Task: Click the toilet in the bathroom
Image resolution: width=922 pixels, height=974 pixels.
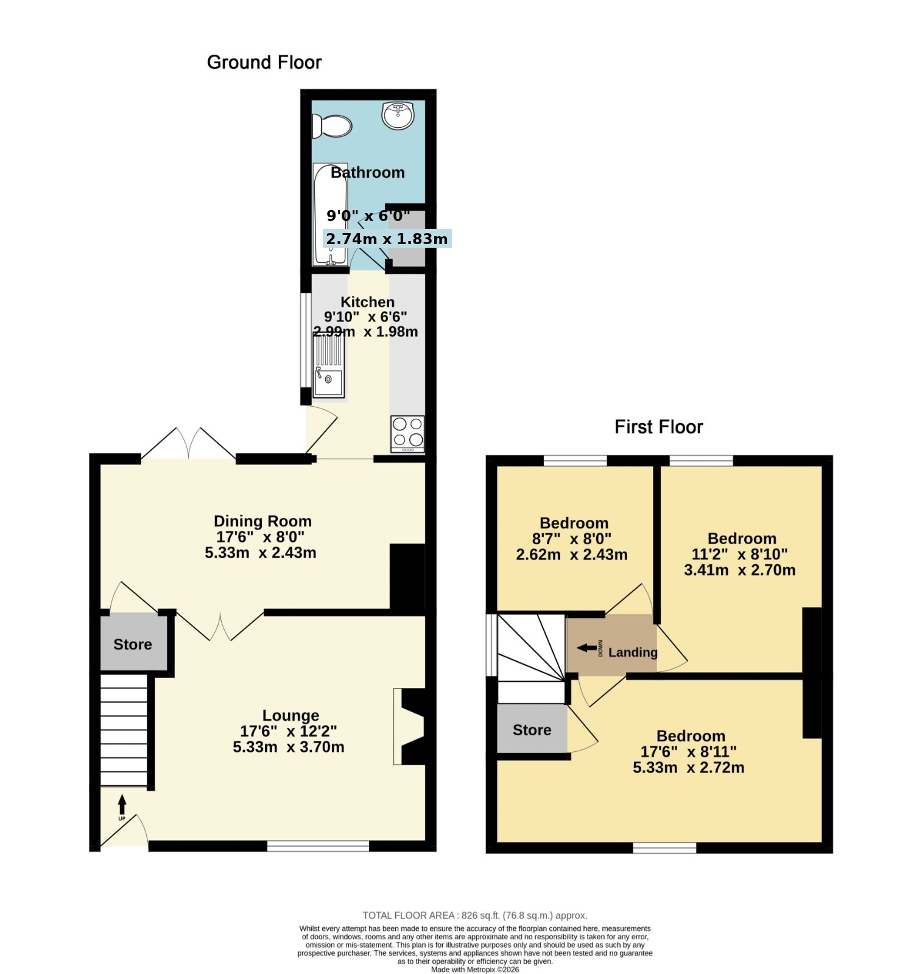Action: pyautogui.click(x=332, y=126)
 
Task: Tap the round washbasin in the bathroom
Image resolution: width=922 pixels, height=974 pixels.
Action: pyautogui.click(x=398, y=115)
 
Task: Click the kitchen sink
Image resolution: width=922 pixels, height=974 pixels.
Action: pyautogui.click(x=328, y=368)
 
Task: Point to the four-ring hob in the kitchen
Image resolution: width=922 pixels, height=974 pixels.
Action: pyautogui.click(x=407, y=434)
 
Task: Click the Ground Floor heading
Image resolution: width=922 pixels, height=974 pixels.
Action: pyautogui.click(x=264, y=62)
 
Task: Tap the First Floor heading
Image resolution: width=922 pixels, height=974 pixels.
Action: pyautogui.click(x=658, y=427)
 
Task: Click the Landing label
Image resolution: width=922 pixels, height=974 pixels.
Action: pyautogui.click(x=633, y=653)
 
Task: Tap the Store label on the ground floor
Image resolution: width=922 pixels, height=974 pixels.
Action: pyautogui.click(x=133, y=644)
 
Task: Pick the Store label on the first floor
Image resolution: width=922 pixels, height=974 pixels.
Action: pyautogui.click(x=532, y=730)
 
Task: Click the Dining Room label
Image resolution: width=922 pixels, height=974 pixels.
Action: pyautogui.click(x=262, y=521)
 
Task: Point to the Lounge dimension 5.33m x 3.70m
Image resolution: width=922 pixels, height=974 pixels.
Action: pyautogui.click(x=289, y=746)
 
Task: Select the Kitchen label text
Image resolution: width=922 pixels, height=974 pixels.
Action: pyautogui.click(x=367, y=302)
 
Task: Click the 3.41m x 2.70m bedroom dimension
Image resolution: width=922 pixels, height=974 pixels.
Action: pyautogui.click(x=739, y=570)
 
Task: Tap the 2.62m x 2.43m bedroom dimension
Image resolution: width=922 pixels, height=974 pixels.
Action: pyautogui.click(x=572, y=555)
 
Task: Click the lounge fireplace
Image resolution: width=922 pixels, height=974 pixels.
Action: pyautogui.click(x=409, y=726)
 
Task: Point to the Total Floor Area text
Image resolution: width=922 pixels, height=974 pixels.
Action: pyautogui.click(x=475, y=915)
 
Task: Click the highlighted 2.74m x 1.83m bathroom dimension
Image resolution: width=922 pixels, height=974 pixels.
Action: pyautogui.click(x=387, y=239)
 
